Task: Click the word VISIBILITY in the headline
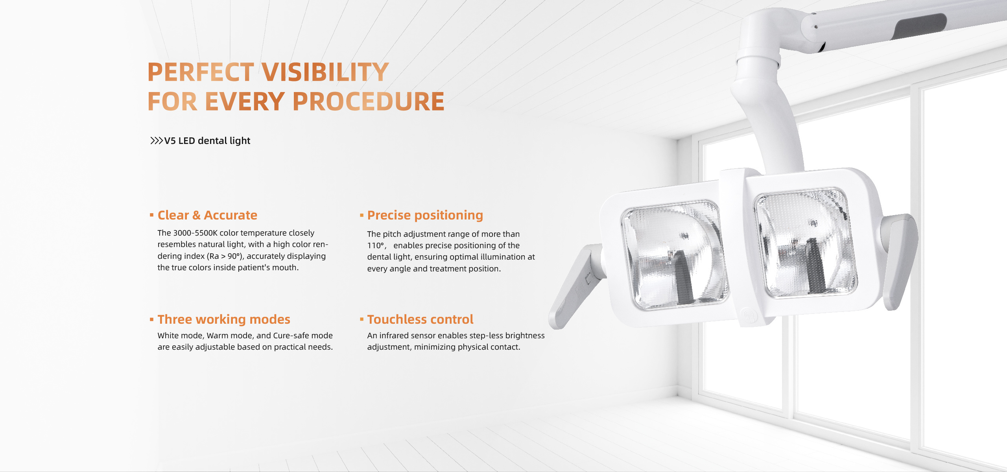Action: click(325, 72)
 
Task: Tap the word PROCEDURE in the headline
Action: click(368, 101)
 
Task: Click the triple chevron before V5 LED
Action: click(157, 140)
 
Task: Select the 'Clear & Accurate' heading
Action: click(207, 215)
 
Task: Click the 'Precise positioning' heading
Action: click(425, 215)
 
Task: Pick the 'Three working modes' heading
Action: click(224, 319)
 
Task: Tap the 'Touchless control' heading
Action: click(420, 319)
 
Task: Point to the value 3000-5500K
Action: click(195, 233)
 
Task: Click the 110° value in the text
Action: click(376, 245)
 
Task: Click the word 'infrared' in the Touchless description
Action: click(395, 336)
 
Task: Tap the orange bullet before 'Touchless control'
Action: click(361, 319)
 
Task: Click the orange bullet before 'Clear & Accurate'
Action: click(151, 215)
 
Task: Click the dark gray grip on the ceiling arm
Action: click(920, 27)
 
